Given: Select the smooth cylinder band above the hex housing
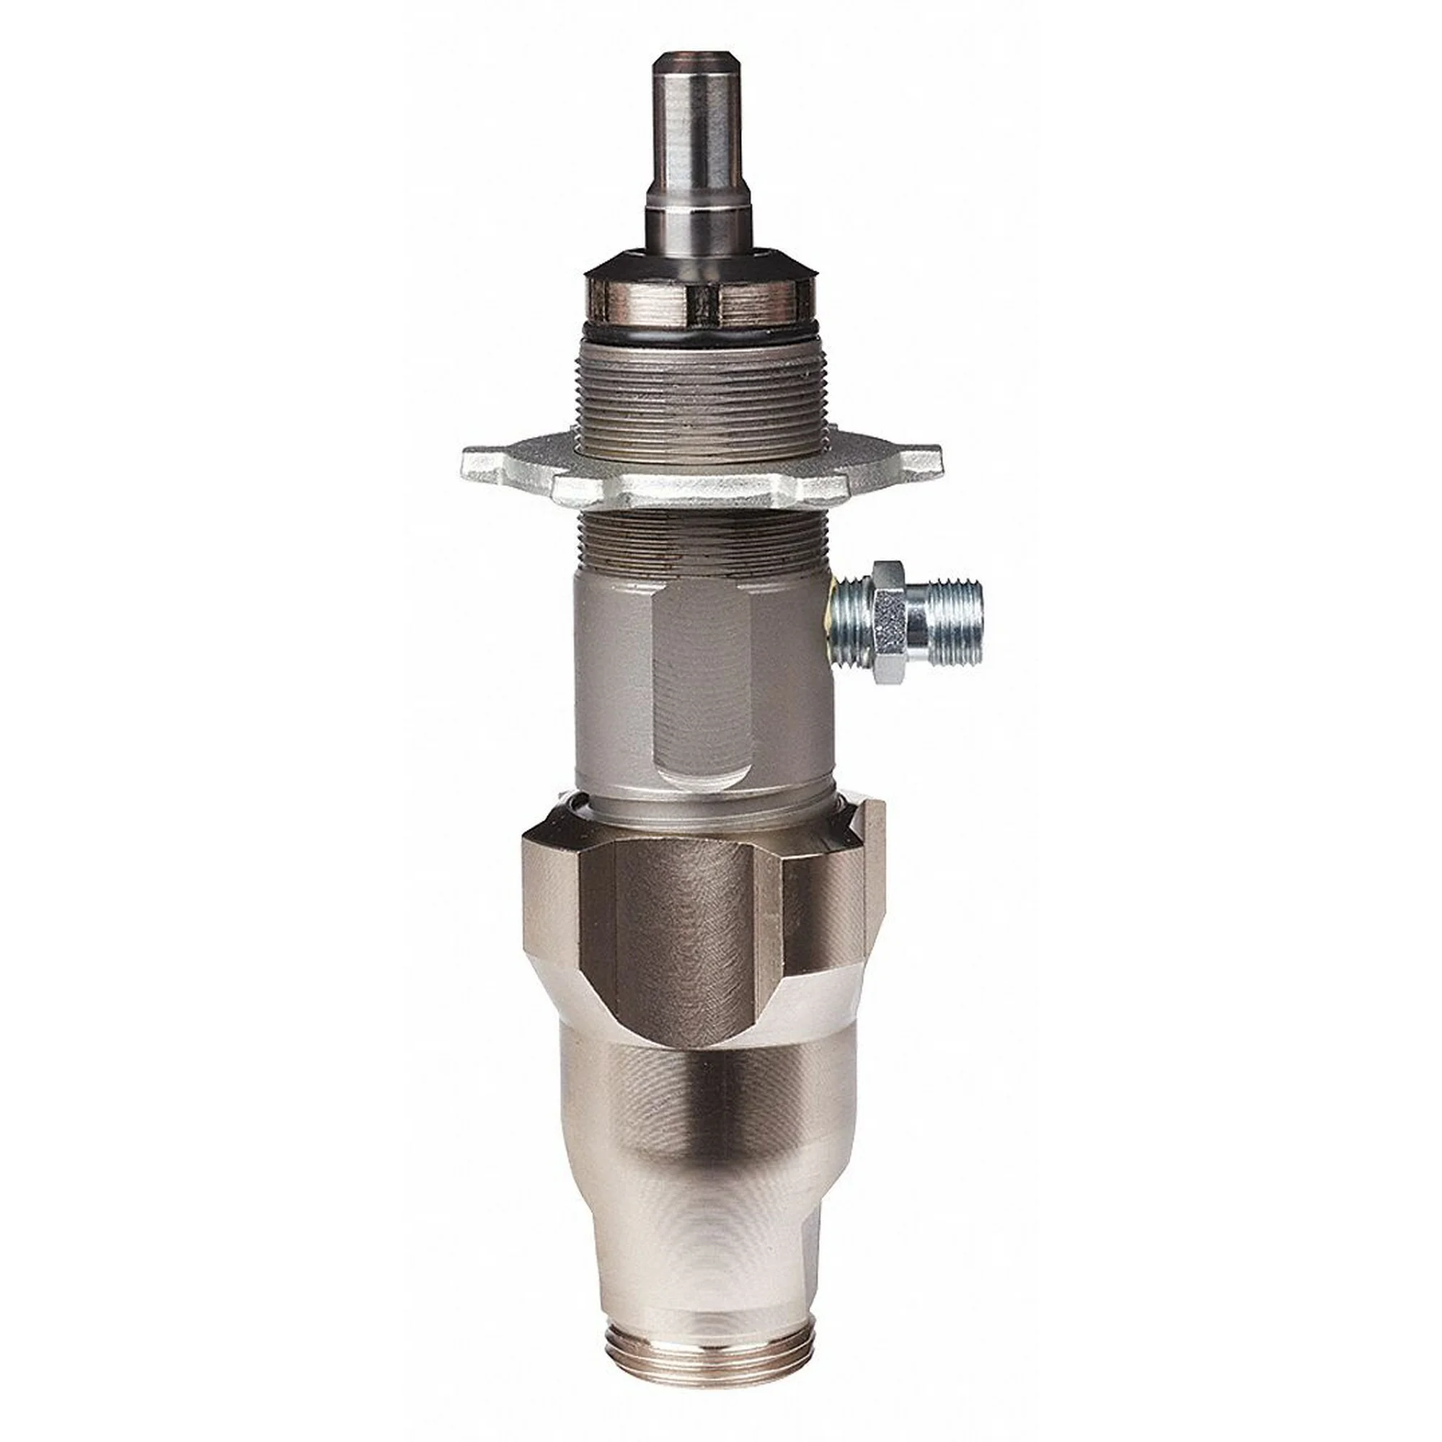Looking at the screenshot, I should (705, 799).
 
